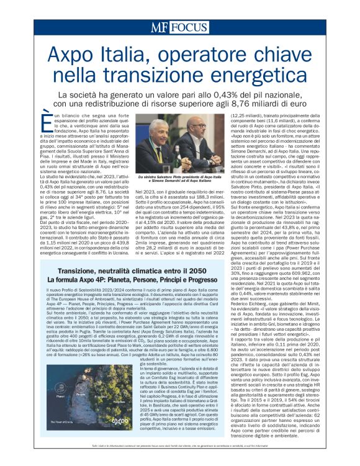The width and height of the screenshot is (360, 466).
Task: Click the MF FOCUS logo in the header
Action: [180, 27]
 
